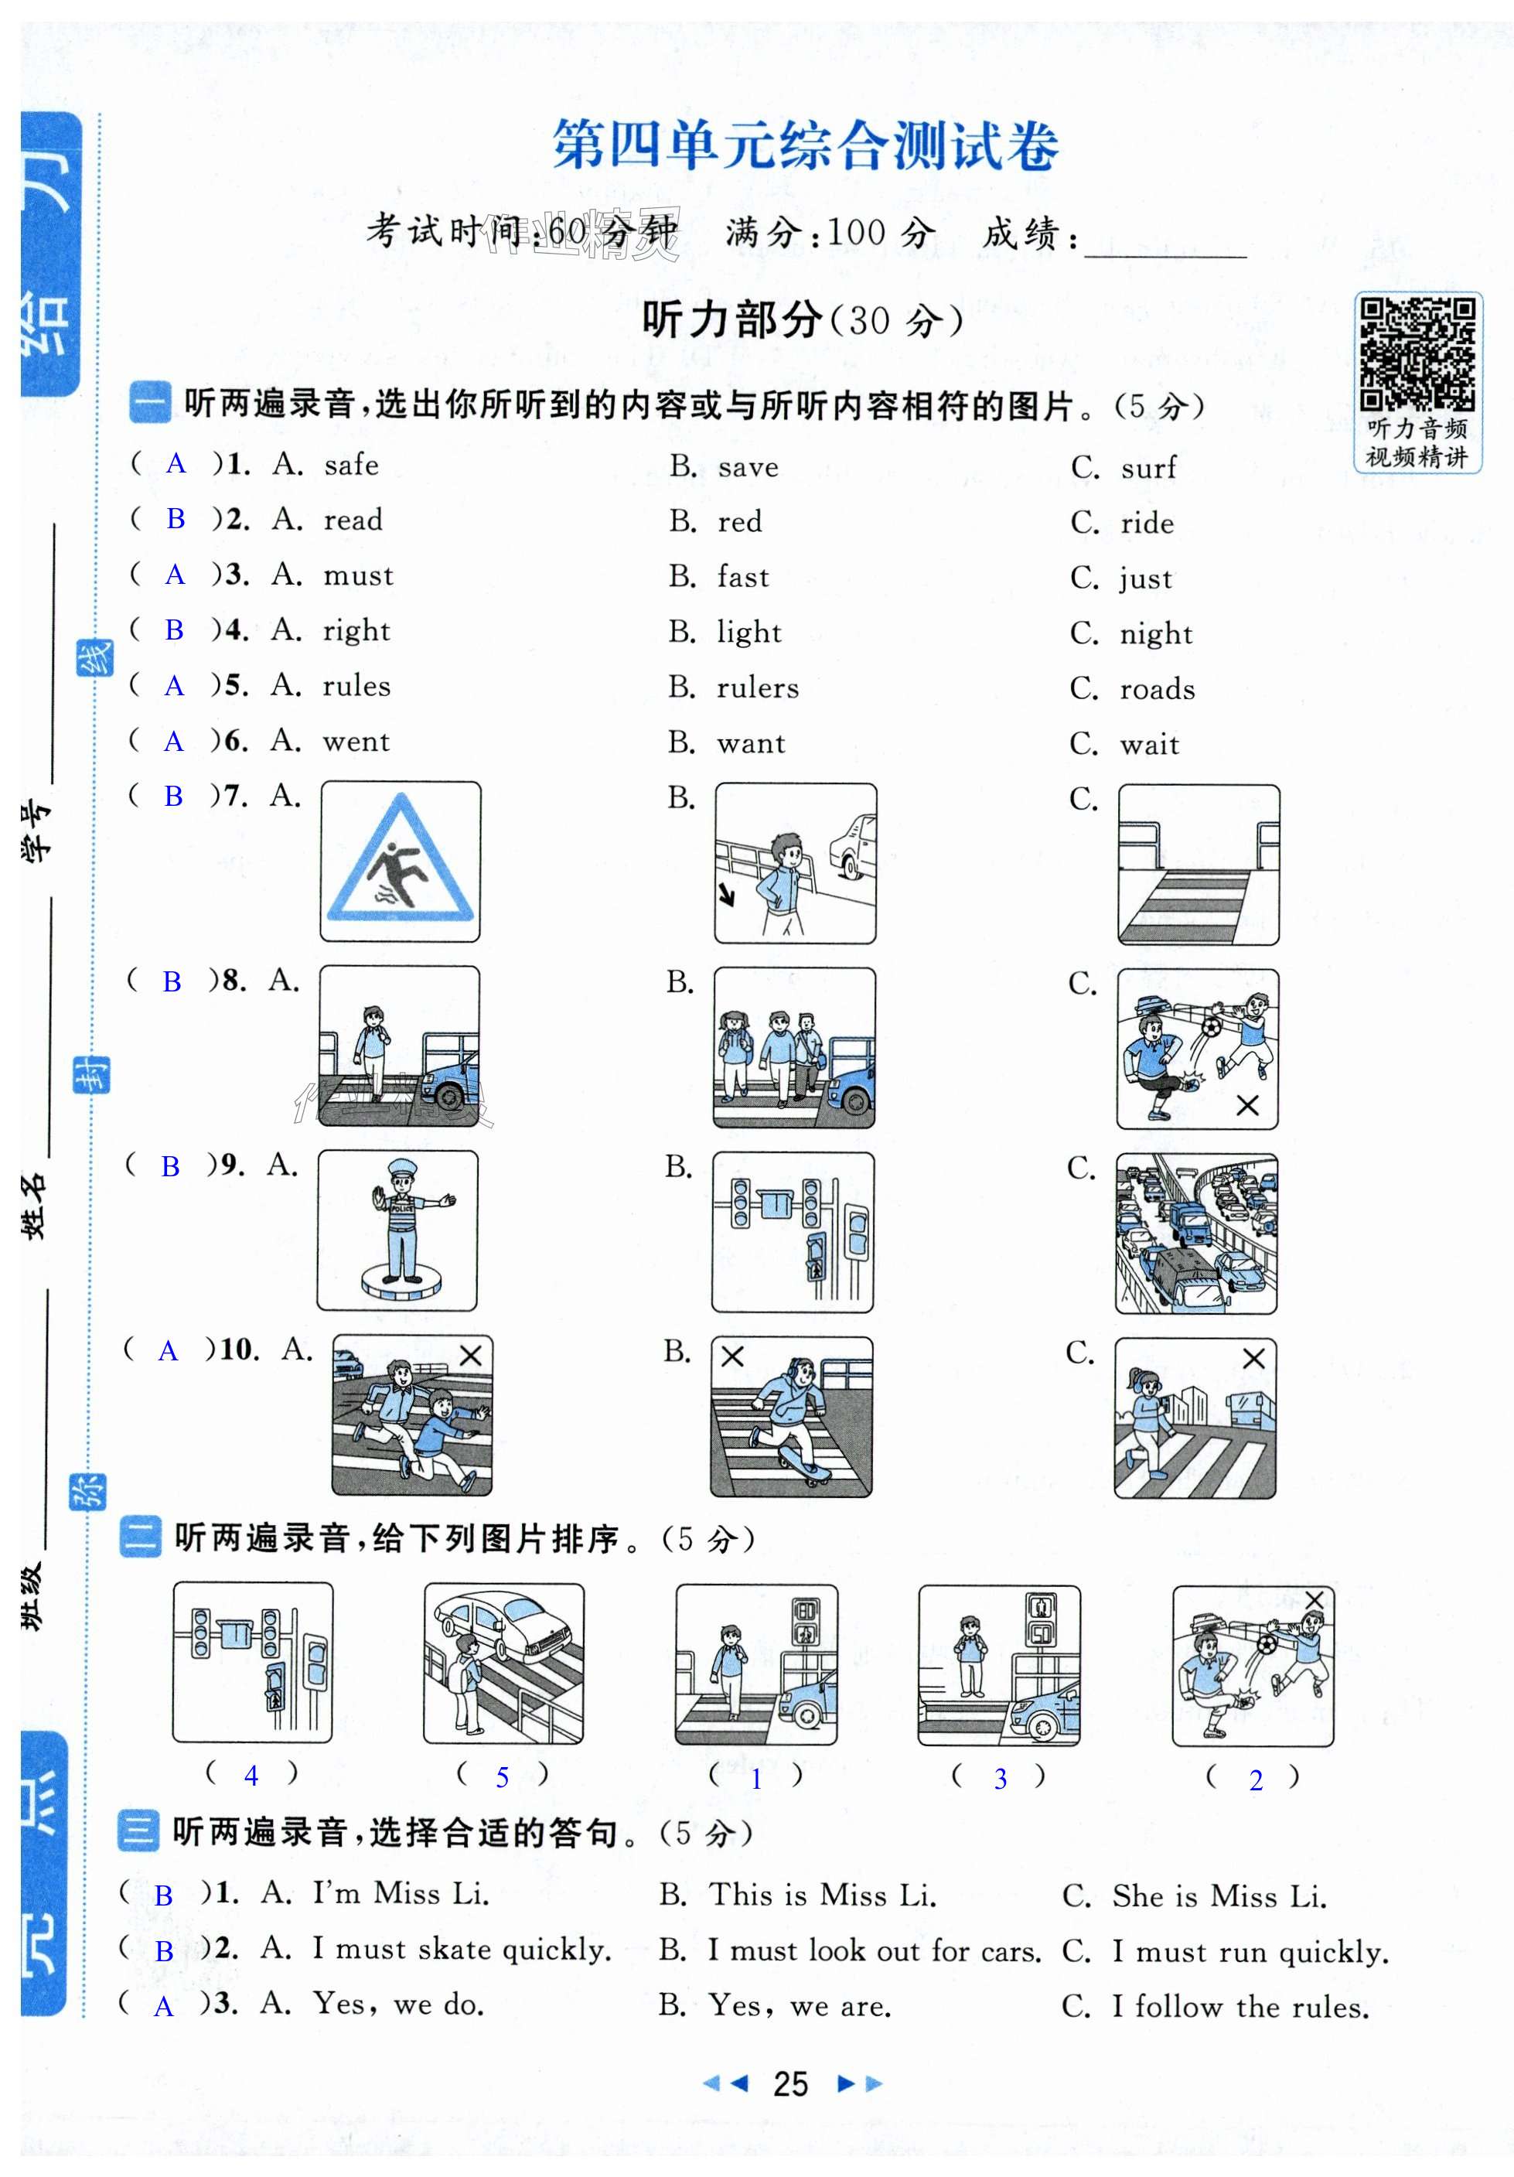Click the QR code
(1417, 353)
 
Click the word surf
(1148, 467)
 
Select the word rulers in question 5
(758, 688)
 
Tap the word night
(1156, 633)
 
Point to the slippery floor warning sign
(400, 861)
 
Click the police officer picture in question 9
(397, 1230)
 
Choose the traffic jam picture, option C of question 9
(1195, 1233)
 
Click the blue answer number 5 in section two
(503, 1778)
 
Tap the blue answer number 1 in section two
(755, 1779)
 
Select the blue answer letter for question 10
(168, 1351)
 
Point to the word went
(356, 742)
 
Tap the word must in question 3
(357, 575)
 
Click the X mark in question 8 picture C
(1247, 1106)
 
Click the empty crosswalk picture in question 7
(1199, 864)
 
